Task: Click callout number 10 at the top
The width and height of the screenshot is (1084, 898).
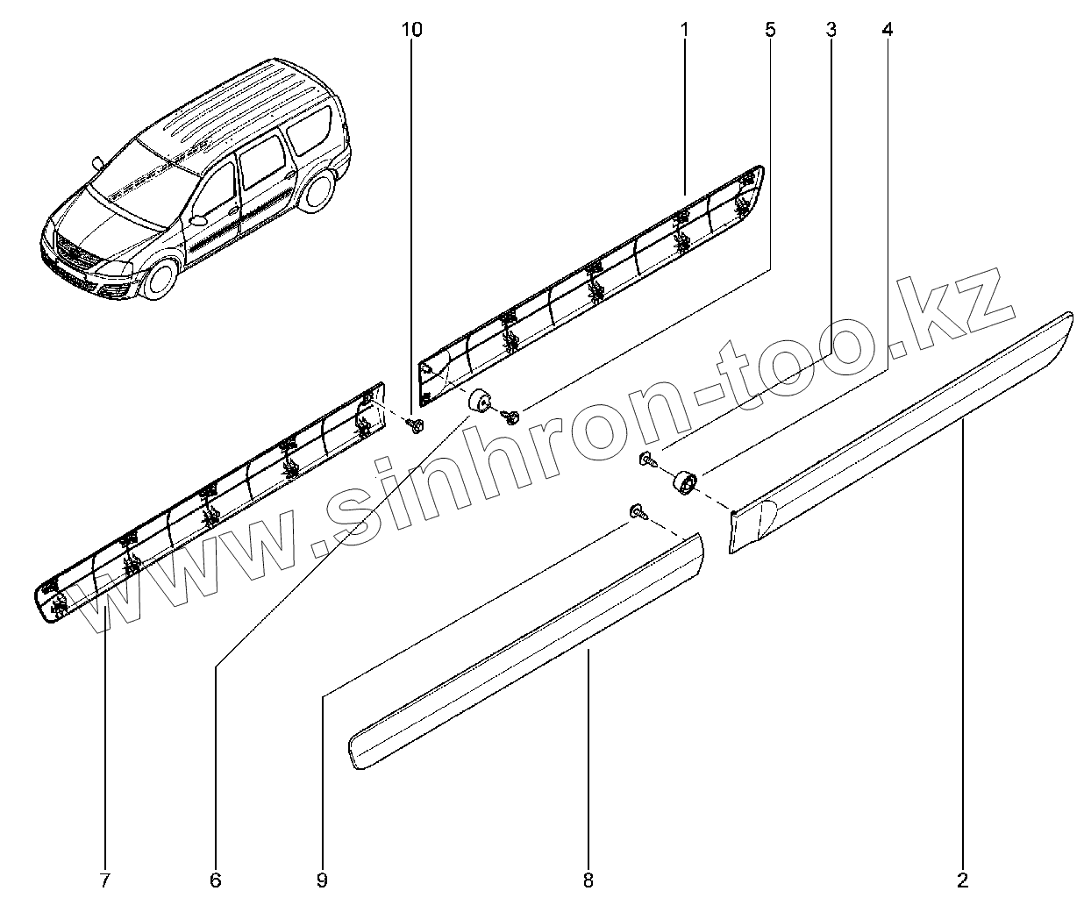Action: [x=411, y=30]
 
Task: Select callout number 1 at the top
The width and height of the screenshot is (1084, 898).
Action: [x=684, y=30]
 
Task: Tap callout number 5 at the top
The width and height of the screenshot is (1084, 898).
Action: [x=770, y=30]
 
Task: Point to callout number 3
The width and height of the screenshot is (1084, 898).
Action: [x=830, y=30]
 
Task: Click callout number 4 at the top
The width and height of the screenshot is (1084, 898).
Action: [x=888, y=30]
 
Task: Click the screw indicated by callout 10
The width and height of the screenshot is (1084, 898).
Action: [x=417, y=425]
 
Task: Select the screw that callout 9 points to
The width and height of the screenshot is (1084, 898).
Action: [x=638, y=512]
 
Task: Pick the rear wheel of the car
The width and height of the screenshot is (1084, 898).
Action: [x=320, y=190]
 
